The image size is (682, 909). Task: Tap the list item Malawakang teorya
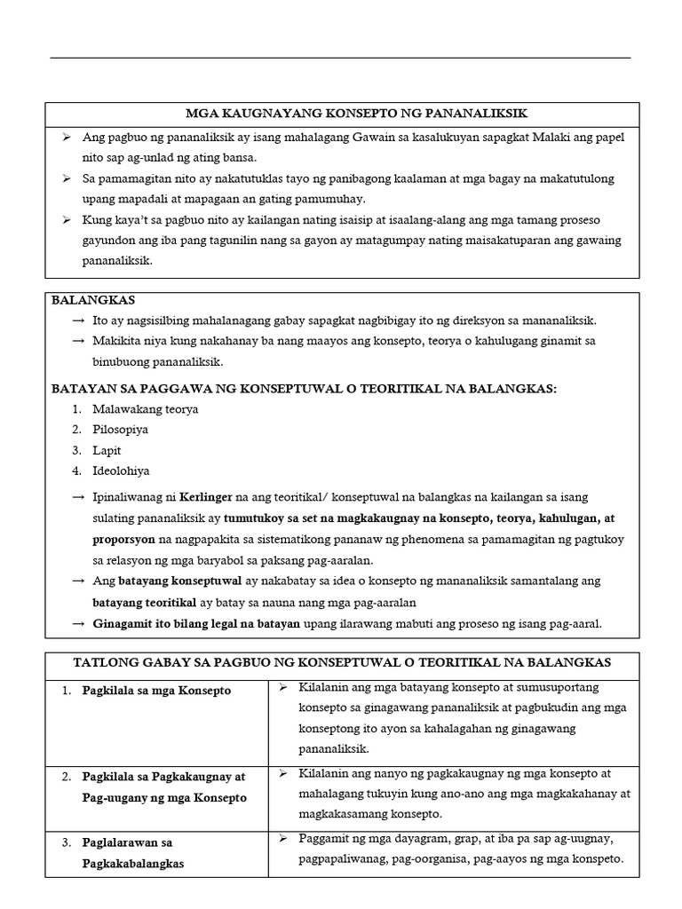point(146,409)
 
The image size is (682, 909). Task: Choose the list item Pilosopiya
point(120,430)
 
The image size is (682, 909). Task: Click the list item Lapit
point(107,450)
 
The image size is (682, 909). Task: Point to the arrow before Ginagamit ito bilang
point(79,624)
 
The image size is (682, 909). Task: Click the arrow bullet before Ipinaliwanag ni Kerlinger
point(79,497)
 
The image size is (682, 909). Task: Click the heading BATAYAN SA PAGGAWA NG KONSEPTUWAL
point(304,388)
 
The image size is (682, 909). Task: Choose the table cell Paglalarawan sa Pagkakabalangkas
point(133,852)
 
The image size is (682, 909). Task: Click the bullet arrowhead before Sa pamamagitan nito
point(67,178)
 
